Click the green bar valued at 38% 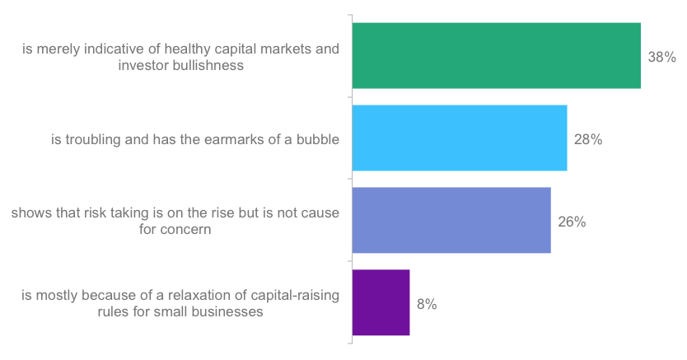(496, 56)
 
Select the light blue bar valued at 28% (460, 138)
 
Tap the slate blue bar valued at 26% (451, 220)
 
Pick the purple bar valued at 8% (381, 302)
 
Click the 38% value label (661, 58)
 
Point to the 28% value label (588, 140)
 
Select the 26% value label (572, 222)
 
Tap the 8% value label (426, 304)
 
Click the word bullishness (207, 66)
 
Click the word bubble (317, 139)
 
